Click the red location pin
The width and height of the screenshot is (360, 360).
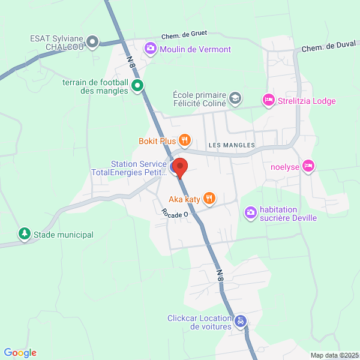tap(180, 167)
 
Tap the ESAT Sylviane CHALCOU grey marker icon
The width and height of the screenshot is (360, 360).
tap(92, 42)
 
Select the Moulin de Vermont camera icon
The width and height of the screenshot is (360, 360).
tap(150, 49)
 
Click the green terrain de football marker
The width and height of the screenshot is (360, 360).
tap(137, 86)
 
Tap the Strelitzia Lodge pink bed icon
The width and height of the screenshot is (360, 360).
tap(268, 100)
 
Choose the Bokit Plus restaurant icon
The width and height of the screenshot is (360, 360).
tap(184, 141)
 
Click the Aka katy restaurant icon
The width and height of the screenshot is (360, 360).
tap(209, 197)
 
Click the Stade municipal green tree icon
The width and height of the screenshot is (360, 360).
tap(24, 233)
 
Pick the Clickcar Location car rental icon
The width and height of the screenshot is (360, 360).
tap(240, 322)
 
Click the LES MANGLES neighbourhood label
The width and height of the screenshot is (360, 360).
tap(232, 146)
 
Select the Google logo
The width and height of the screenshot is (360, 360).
tap(20, 353)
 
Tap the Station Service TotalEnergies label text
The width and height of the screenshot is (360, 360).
tap(128, 169)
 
